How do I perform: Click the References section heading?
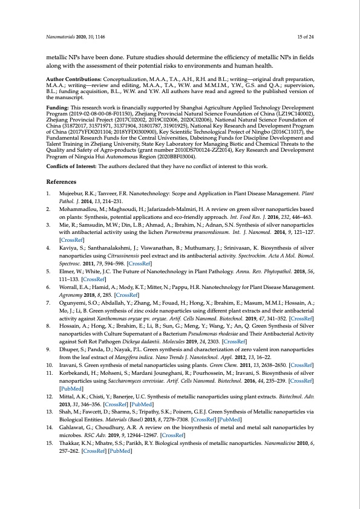[63, 181]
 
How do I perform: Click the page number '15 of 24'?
[303, 37]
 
